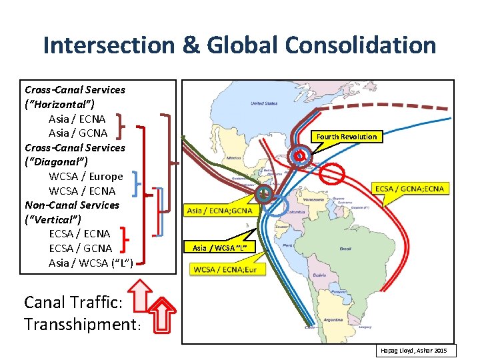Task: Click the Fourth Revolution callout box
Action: coord(347,137)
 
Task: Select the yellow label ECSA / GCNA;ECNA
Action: coord(409,189)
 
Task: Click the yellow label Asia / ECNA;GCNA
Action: coord(219,210)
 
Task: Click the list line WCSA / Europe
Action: coord(86,177)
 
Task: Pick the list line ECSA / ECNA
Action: coord(79,234)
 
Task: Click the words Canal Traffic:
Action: coord(73,302)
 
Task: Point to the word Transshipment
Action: coord(79,325)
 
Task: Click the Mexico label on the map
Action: coord(233,158)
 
